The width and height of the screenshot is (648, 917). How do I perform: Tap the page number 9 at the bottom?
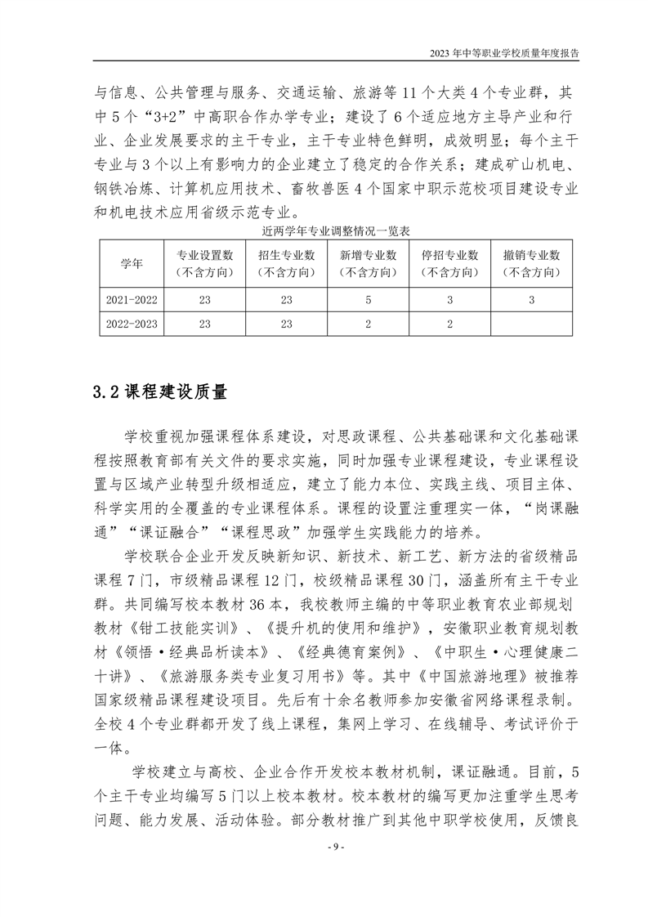[x=324, y=868]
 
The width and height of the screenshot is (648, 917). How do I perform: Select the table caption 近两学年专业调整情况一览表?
[x=324, y=232]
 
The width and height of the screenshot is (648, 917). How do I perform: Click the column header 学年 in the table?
[x=131, y=263]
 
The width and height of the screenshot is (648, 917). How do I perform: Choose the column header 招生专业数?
[x=286, y=263]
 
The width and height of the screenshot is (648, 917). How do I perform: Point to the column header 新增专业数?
[x=368, y=263]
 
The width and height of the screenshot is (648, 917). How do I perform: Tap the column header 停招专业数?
[x=449, y=263]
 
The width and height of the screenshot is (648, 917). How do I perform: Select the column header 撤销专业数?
[x=531, y=263]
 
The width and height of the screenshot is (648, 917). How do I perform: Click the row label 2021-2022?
[x=131, y=300]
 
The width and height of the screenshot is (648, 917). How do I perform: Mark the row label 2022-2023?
[x=131, y=323]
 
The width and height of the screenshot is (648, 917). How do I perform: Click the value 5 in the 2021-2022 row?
[x=368, y=300]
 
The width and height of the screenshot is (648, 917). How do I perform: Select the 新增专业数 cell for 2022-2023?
[x=368, y=323]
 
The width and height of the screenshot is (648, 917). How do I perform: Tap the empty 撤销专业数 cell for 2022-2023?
[x=531, y=323]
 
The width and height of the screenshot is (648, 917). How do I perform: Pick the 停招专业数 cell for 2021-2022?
[x=449, y=300]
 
